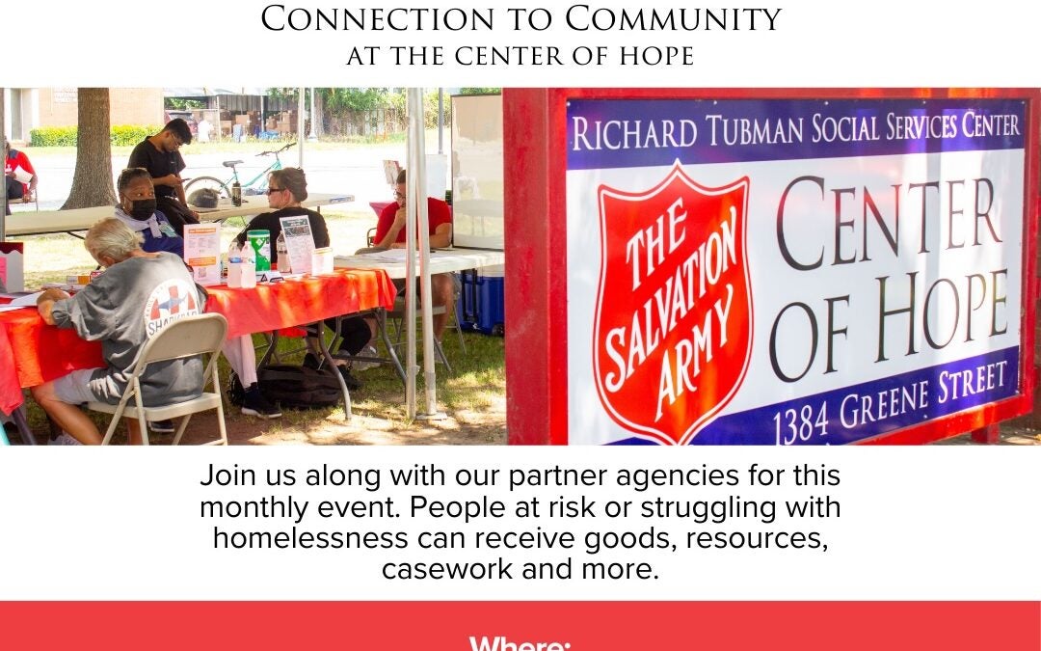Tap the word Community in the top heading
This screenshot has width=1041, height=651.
point(673,19)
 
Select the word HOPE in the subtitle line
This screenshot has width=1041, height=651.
point(656,57)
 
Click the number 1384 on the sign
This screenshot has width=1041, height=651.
point(801,421)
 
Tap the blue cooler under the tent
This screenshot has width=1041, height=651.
point(481,299)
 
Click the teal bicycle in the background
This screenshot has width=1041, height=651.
point(240,176)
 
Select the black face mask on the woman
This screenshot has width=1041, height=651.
point(142,208)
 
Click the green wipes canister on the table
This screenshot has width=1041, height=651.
point(258,250)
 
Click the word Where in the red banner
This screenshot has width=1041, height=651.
point(520,644)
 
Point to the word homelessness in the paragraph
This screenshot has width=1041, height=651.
point(310,538)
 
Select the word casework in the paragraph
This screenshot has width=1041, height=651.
point(447,569)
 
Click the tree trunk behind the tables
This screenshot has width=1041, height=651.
point(91,149)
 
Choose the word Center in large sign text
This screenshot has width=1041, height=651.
point(888,221)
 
